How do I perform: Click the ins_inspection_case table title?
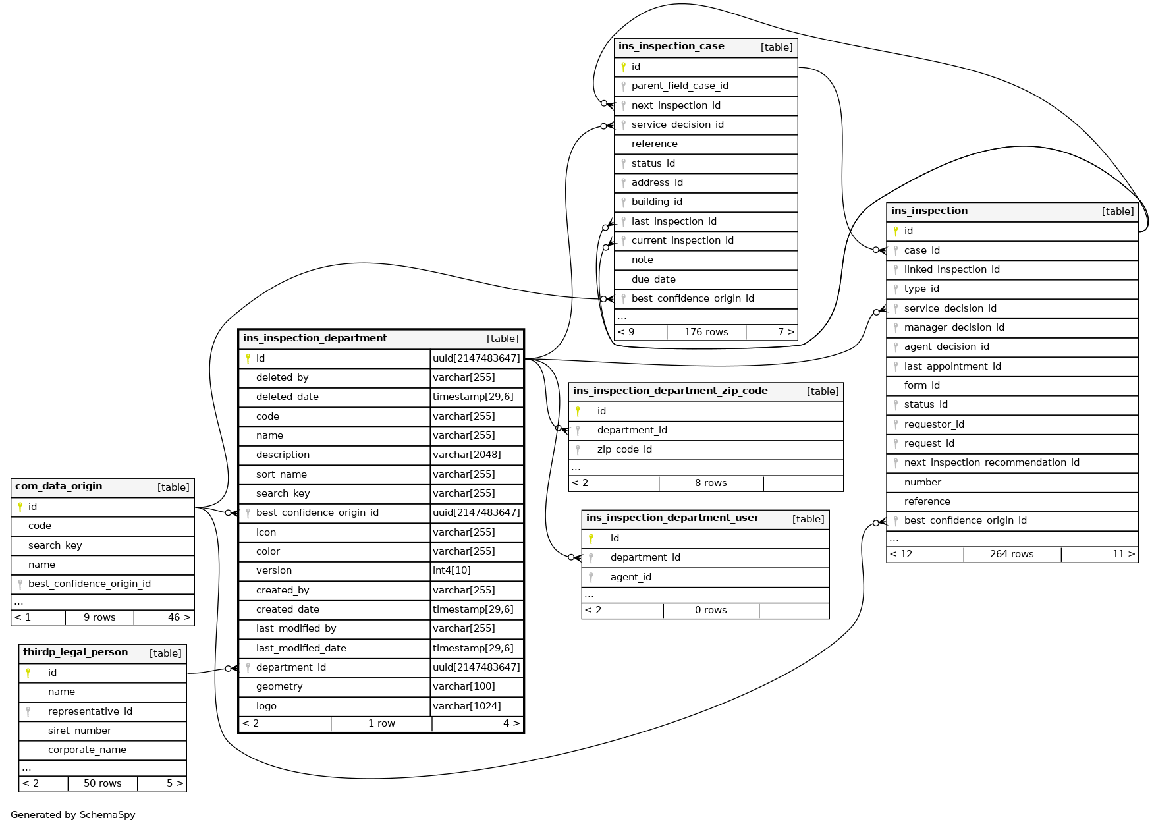tap(671, 47)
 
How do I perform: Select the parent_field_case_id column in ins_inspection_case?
tap(680, 86)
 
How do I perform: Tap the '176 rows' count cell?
tap(706, 332)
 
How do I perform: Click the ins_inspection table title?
tap(929, 211)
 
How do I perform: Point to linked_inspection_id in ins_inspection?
tap(952, 269)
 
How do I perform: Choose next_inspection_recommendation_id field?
tap(991, 462)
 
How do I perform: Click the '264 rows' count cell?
tap(1012, 554)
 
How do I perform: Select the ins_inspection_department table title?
tap(315, 339)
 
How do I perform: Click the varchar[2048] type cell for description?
tap(467, 455)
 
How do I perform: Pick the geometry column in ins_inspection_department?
tap(279, 686)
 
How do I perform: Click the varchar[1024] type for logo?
tap(467, 706)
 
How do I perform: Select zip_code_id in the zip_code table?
tap(624, 449)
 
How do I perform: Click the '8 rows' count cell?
tap(711, 483)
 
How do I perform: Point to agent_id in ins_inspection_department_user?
tap(631, 577)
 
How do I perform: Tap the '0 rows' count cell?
tap(711, 610)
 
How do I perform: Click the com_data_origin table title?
tap(59, 487)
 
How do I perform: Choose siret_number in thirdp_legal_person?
tap(80, 731)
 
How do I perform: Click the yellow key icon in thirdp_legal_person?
tap(28, 673)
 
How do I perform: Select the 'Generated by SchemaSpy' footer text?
tap(73, 815)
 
